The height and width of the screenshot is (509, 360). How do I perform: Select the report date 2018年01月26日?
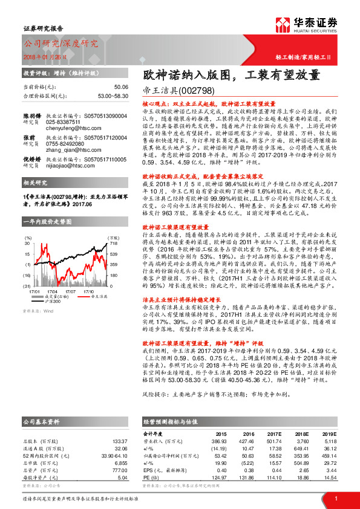click(x=45, y=56)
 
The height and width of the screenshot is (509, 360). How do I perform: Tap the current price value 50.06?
click(x=121, y=87)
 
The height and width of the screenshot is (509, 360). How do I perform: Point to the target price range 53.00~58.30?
click(x=113, y=96)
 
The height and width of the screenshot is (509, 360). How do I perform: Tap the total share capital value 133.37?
click(x=120, y=441)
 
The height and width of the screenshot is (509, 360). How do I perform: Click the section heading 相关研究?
click(x=36, y=181)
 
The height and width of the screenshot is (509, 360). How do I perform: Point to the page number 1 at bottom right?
click(x=336, y=498)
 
